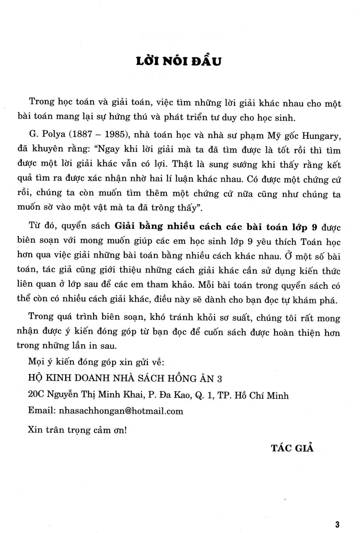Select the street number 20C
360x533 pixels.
(36, 394)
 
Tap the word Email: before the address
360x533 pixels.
(41, 411)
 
